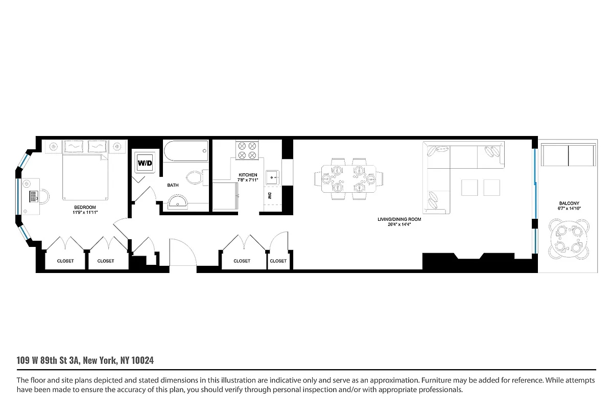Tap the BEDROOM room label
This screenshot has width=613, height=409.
[85, 208]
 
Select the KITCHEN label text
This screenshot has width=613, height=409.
[248, 175]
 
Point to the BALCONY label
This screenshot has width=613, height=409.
[568, 203]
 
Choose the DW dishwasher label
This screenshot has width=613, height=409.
[269, 195]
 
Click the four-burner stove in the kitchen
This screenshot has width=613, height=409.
[247, 150]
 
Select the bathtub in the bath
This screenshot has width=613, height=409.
[186, 152]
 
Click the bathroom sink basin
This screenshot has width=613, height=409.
[177, 203]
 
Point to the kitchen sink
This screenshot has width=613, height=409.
[272, 177]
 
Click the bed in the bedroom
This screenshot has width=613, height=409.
[85, 174]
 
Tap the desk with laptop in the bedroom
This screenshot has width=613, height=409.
[32, 196]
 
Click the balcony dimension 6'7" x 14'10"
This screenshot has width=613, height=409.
[568, 208]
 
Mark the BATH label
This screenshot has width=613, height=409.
[173, 185]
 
